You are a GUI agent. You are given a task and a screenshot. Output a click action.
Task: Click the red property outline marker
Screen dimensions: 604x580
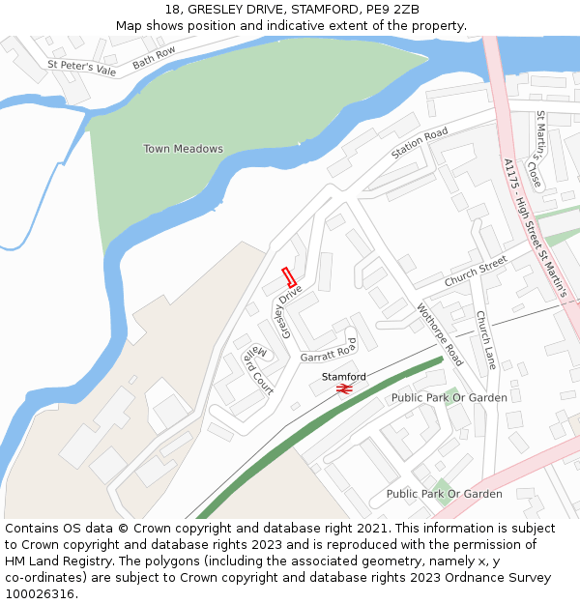click(x=288, y=276)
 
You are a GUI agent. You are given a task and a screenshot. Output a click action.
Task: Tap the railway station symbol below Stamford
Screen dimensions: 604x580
click(x=343, y=388)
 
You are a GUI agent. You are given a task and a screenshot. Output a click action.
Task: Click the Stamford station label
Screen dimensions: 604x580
click(x=343, y=376)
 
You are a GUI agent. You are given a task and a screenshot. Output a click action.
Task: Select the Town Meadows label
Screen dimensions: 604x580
click(x=183, y=149)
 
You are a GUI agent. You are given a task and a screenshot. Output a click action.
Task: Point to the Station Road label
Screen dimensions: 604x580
click(x=420, y=144)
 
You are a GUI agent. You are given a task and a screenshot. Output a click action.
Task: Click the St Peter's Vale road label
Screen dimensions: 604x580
click(x=81, y=69)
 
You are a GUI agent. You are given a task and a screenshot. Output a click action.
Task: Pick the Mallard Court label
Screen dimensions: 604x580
click(x=256, y=369)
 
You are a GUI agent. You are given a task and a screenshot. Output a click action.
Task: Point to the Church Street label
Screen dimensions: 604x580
click(x=476, y=272)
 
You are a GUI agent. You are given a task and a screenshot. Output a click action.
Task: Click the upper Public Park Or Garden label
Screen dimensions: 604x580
click(x=449, y=397)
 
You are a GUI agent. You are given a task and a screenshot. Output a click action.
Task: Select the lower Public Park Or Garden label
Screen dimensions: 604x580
click(x=444, y=494)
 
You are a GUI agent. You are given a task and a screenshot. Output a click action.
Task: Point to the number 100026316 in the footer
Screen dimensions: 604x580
click(x=40, y=594)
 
